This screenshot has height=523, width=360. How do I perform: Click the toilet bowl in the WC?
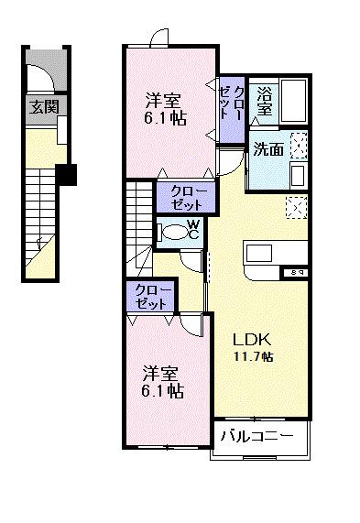click(172, 232)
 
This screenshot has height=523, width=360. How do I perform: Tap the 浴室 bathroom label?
click(265, 101)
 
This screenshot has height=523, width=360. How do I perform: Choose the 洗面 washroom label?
click(267, 149)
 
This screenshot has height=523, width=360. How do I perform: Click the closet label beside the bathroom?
click(232, 108)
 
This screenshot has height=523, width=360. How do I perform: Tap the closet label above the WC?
click(187, 197)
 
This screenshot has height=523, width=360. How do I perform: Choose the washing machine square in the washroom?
click(298, 146)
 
